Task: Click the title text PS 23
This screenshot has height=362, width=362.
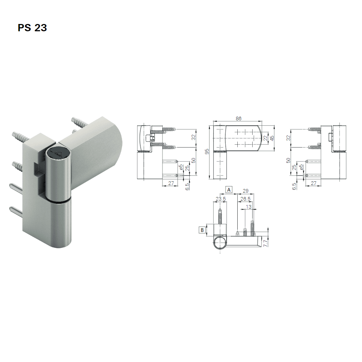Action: pyautogui.click(x=32, y=28)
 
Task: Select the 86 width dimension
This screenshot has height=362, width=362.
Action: pyautogui.click(x=238, y=118)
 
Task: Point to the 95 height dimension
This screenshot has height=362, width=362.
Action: pyautogui.click(x=207, y=152)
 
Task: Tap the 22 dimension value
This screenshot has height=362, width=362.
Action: pyautogui.click(x=265, y=138)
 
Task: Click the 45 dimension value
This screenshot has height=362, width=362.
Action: pyautogui.click(x=272, y=138)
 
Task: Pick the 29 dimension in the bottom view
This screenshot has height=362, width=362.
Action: pyautogui.click(x=245, y=191)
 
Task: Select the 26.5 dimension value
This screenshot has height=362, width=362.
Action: pyautogui.click(x=245, y=199)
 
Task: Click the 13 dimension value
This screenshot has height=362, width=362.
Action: pyautogui.click(x=248, y=207)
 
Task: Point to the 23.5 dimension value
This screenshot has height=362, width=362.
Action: pyautogui.click(x=221, y=199)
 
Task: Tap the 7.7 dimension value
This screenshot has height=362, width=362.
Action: pyautogui.click(x=265, y=244)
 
